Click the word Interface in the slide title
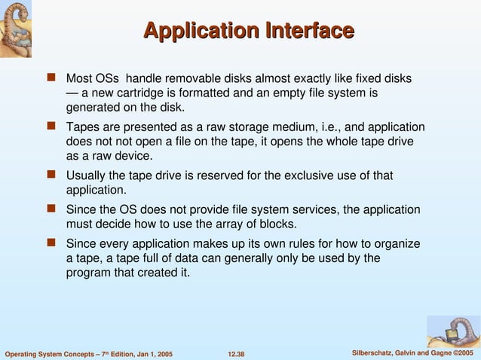coord(309,31)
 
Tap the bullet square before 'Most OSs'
coord(52,78)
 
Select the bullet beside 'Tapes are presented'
coord(52,127)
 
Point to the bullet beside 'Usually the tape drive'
coord(52,175)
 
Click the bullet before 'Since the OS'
coord(52,209)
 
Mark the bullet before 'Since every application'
coord(52,243)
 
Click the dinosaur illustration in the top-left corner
coord(21,29)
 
